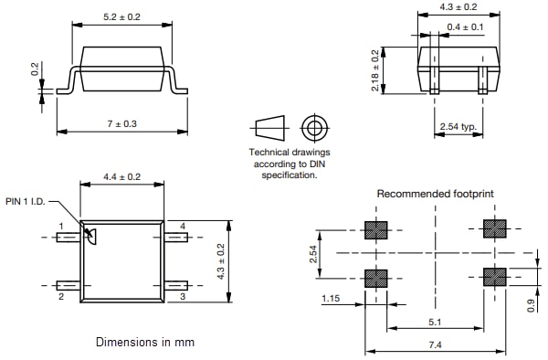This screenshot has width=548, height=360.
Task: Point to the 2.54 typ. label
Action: [x=456, y=125]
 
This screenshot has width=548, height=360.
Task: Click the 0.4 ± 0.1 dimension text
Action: [x=466, y=27]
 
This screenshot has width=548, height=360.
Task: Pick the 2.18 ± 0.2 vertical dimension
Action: [x=375, y=69]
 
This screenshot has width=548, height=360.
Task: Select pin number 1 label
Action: [x=61, y=225]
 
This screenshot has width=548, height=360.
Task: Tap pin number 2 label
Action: [x=61, y=297]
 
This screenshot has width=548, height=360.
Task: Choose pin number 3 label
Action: [x=183, y=297]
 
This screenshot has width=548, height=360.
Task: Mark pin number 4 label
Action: [x=183, y=225]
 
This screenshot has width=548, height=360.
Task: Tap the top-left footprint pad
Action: [x=375, y=228]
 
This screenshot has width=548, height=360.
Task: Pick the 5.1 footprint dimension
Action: [x=435, y=320]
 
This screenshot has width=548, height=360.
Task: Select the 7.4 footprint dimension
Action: [x=435, y=344]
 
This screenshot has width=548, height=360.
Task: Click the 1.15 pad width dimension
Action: [x=332, y=298]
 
